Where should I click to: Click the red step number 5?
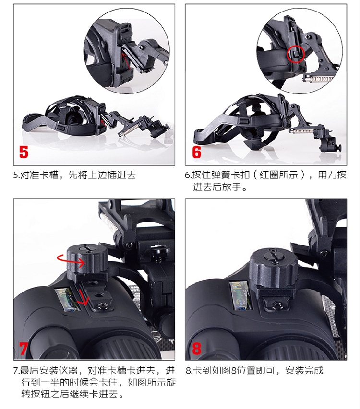[x=24, y=152]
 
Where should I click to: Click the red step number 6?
[x=196, y=152]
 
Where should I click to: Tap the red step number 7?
[x=24, y=348]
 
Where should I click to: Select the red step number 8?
[x=197, y=348]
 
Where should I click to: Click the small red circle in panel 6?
[x=296, y=54]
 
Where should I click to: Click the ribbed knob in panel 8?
[x=274, y=268]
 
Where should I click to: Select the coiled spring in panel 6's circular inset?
[x=322, y=78]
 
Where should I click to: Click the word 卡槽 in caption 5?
[x=49, y=175]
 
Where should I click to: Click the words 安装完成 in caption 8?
[x=304, y=370]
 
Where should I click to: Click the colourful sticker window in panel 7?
[x=68, y=300]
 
